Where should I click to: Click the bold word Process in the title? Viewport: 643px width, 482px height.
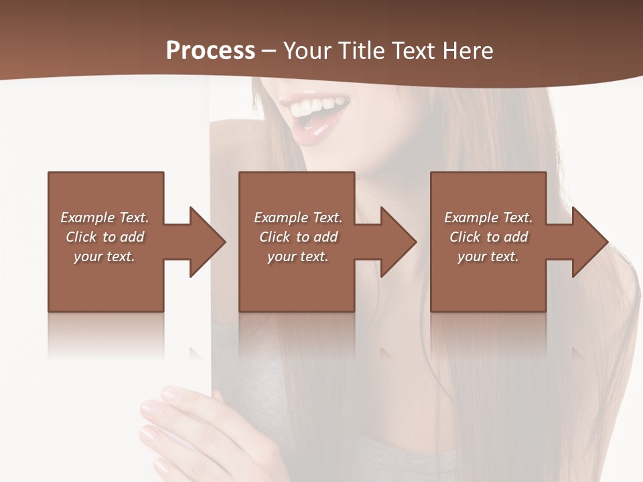point(210,51)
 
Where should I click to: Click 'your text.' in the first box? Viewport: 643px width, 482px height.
point(104,256)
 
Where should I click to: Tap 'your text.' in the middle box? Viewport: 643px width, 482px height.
point(298,256)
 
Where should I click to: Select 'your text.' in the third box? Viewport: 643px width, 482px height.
point(488,256)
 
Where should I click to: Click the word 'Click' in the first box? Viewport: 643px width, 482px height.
point(81,237)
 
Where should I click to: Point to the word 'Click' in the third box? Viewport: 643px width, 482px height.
point(465,237)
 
